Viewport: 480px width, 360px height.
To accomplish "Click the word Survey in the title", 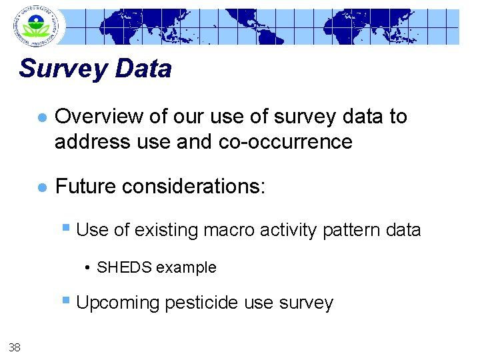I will pyautogui.click(x=63, y=69).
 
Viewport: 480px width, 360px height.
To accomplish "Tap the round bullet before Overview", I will pyautogui.click(x=41, y=117).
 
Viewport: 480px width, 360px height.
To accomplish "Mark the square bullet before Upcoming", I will pyautogui.click(x=67, y=301).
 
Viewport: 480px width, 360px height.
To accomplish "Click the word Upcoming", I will pyautogui.click(x=118, y=303).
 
